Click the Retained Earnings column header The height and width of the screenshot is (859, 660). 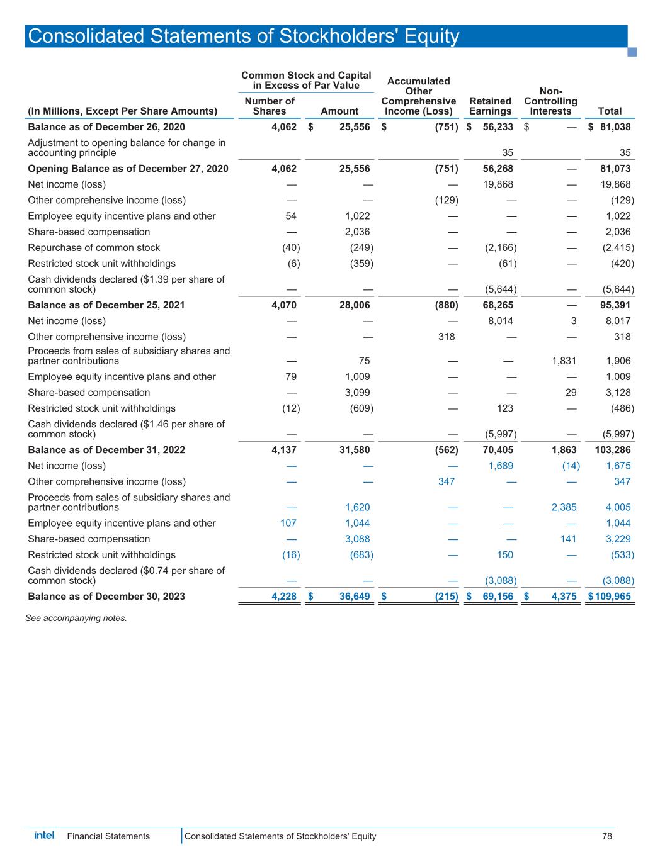[490, 106]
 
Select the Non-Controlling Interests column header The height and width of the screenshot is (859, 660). [550, 101]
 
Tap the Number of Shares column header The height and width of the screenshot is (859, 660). [270, 106]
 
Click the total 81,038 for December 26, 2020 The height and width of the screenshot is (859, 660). [613, 127]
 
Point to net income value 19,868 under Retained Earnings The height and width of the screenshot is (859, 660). [498, 184]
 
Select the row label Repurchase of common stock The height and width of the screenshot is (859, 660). [94, 248]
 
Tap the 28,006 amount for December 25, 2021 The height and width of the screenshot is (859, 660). [353, 305]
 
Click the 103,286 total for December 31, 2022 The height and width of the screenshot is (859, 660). [612, 450]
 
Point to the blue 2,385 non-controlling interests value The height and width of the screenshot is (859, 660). [564, 507]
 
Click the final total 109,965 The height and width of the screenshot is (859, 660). [613, 596]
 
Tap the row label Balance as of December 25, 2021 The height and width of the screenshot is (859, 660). [106, 305]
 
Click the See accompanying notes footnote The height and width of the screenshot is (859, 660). [76, 618]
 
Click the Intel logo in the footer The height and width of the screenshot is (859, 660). [44, 836]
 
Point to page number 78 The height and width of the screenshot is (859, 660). [606, 836]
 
